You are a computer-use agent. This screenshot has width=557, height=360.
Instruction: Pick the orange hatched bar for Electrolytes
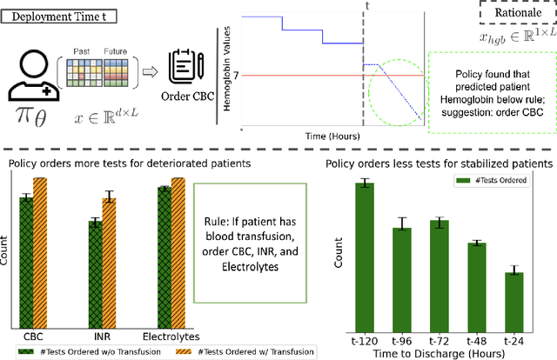176,251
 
